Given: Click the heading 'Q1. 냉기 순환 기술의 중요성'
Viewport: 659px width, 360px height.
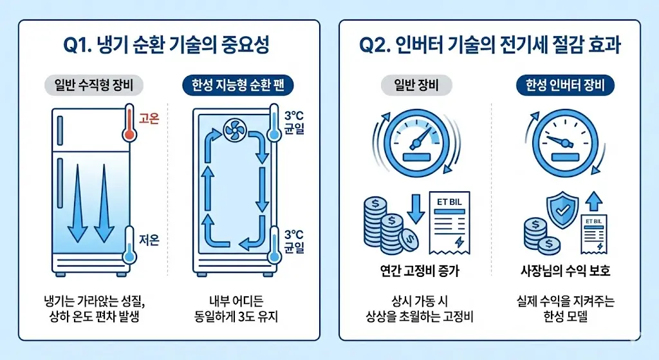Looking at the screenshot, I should pyautogui.click(x=169, y=47).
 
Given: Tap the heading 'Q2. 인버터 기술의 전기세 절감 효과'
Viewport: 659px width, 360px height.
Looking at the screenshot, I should pyautogui.click(x=490, y=47).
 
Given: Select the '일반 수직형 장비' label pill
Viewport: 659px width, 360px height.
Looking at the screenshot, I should pyautogui.click(x=93, y=85).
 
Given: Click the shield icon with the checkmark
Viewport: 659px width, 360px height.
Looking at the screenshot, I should pyautogui.click(x=560, y=211).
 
